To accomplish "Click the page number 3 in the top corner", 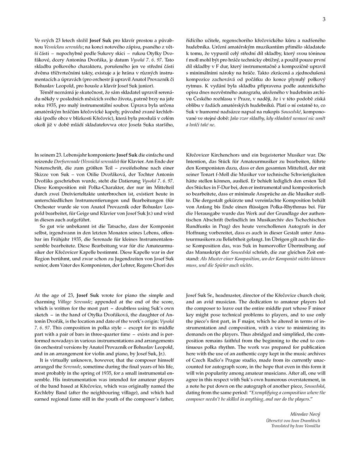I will click(x=324, y=20).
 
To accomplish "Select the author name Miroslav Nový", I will click(x=305, y=414).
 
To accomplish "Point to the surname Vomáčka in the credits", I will click(x=310, y=426).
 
